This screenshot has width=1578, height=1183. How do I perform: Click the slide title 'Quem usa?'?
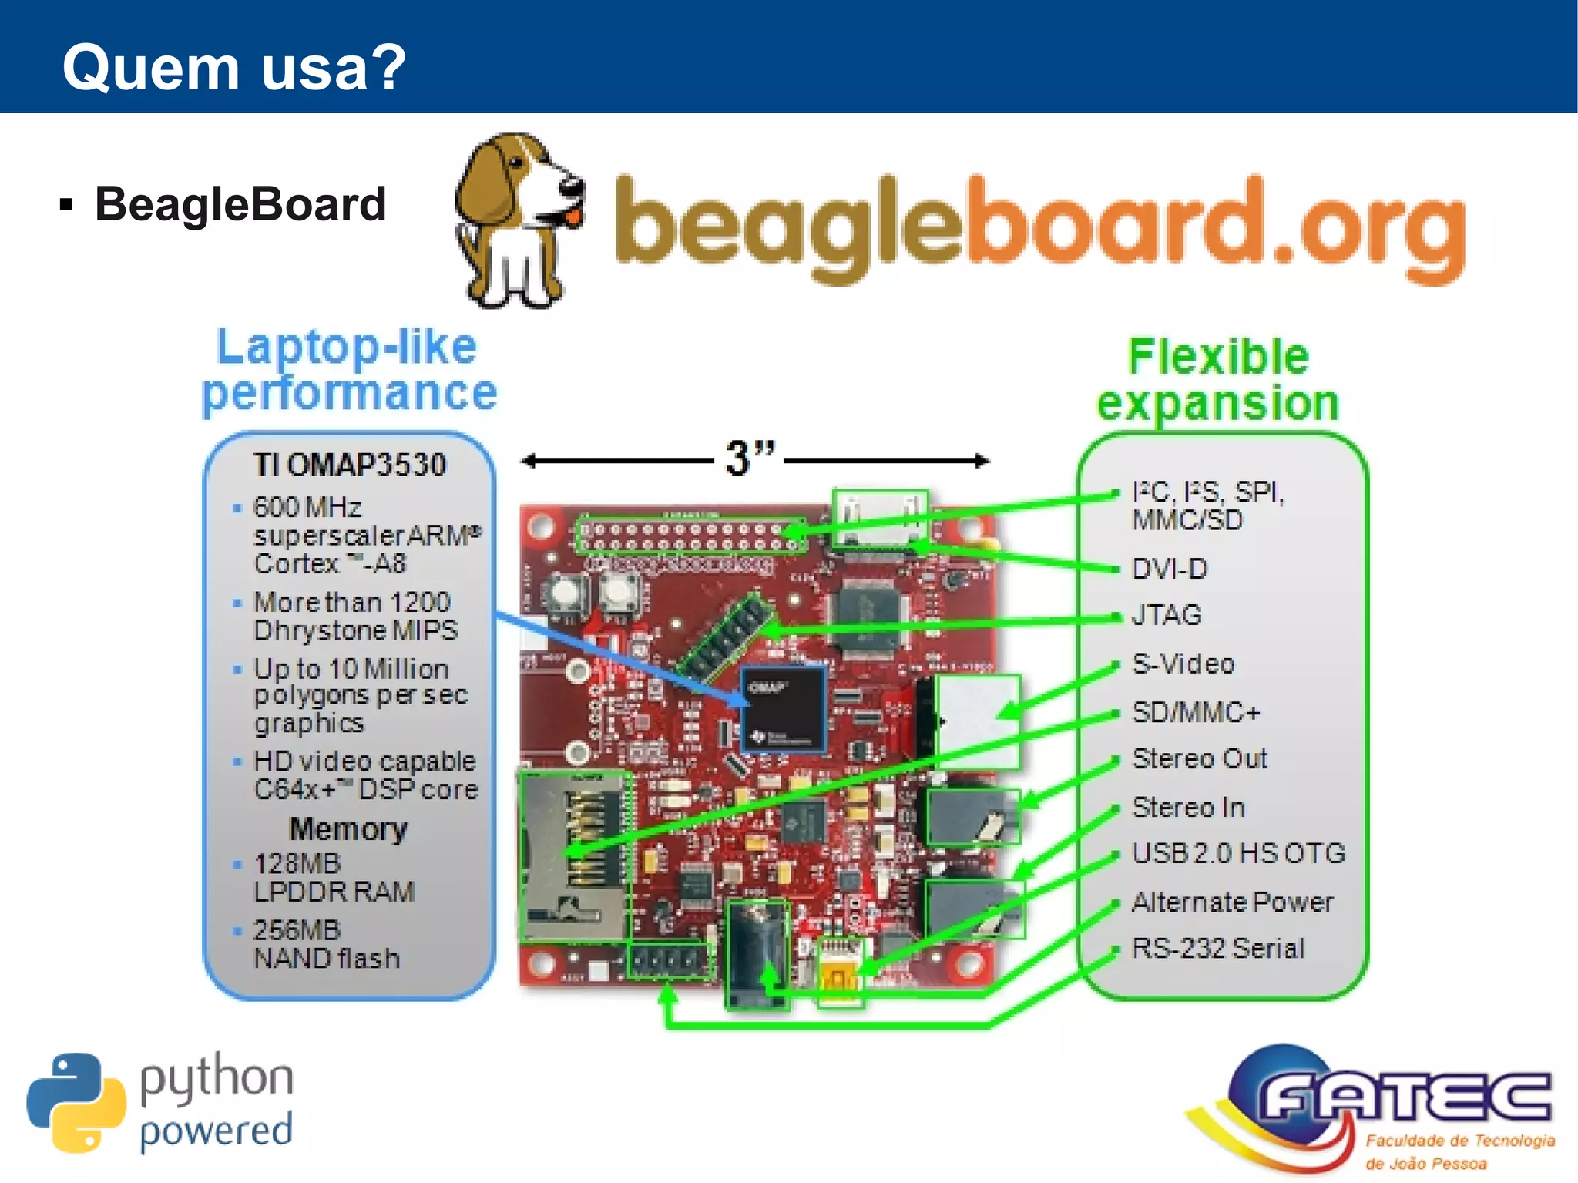(x=233, y=68)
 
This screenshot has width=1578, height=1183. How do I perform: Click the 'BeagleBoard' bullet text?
(x=240, y=204)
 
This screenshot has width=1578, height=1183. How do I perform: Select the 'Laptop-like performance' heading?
(x=348, y=370)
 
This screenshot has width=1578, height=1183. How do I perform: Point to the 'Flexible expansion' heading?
(x=1218, y=379)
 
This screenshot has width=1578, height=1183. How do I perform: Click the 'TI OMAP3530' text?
(x=350, y=465)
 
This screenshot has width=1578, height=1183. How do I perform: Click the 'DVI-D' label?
(x=1169, y=569)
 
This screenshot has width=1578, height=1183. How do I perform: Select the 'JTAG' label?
(x=1167, y=615)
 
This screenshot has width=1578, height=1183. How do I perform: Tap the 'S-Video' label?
(x=1183, y=664)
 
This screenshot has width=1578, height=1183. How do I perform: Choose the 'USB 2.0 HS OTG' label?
(x=1238, y=853)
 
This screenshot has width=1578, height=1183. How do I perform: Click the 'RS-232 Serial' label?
(x=1217, y=948)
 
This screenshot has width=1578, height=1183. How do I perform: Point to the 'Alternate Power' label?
(x=1232, y=902)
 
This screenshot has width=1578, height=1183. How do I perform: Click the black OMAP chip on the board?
(x=783, y=709)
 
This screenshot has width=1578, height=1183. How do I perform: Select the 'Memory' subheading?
(x=347, y=829)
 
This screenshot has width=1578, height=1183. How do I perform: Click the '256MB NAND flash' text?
(x=327, y=944)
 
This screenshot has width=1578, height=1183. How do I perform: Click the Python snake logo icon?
(x=76, y=1102)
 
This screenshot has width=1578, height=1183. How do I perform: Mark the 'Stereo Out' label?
(x=1199, y=758)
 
